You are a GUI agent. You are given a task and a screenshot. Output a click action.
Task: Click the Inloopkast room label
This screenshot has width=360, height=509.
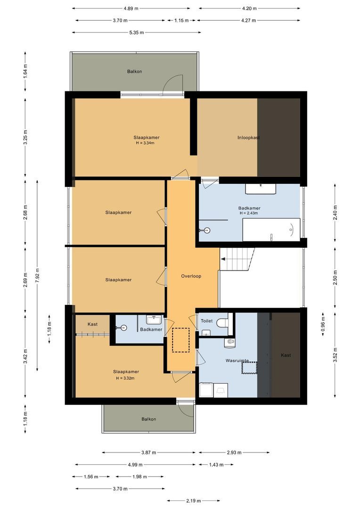tap(249, 138)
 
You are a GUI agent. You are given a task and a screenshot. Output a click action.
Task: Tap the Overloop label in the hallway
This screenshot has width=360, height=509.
tap(191, 276)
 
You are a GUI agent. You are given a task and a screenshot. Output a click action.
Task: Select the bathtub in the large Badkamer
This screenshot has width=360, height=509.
tap(271, 230)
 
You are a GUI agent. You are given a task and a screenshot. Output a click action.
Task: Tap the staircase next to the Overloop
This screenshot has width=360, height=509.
tap(237, 259)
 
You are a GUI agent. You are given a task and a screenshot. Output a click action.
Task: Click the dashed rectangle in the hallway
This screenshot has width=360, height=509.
tap(181, 340)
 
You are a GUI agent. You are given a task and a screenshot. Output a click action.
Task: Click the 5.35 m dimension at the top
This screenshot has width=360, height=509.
tap(136, 33)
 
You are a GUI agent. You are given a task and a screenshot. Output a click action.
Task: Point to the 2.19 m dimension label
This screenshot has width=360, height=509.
tap(193, 501)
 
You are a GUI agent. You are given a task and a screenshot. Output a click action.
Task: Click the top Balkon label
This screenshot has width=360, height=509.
tap(134, 72)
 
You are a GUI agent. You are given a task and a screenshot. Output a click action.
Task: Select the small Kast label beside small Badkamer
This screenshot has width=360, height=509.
tap(92, 324)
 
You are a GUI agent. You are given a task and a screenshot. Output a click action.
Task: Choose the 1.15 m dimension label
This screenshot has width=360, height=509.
tap(181, 20)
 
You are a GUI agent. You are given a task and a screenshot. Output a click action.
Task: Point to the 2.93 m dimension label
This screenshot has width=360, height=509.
tap(234, 452)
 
